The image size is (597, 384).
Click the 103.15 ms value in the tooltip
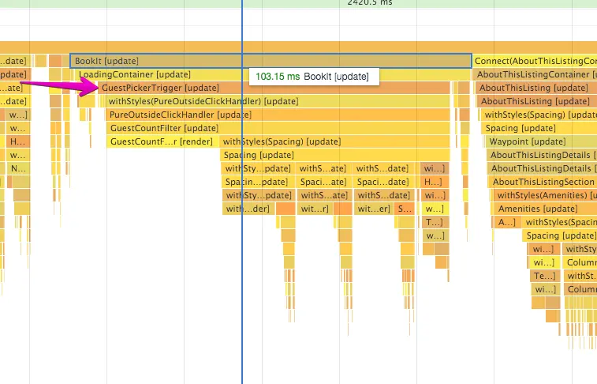[278, 77]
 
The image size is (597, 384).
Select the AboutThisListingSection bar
[543, 182]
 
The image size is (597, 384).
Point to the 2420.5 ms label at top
[369, 3]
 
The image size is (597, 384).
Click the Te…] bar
[544, 276]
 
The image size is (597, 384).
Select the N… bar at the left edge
[17, 168]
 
